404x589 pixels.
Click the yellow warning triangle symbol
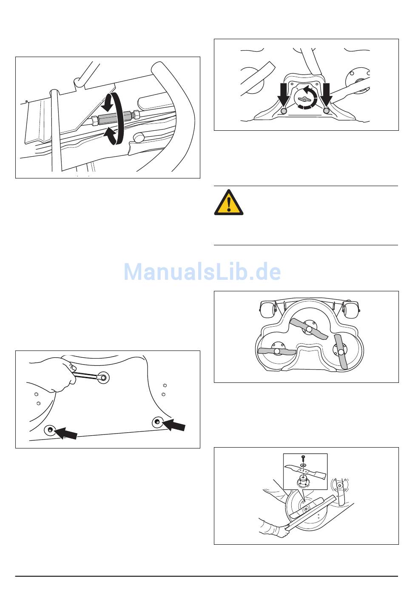[x=229, y=202]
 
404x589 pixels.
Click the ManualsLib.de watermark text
[x=202, y=272]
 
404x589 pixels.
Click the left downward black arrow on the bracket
[x=283, y=94]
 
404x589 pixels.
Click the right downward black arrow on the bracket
[x=326, y=94]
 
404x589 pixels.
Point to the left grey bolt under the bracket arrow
[x=284, y=111]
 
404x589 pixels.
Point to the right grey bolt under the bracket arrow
[x=326, y=111]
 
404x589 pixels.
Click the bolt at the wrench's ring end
[x=104, y=378]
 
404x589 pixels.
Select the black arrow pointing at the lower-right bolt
[x=174, y=424]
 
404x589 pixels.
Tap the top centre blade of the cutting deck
[x=309, y=329]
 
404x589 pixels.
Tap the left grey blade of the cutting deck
[x=277, y=351]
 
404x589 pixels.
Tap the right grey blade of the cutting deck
[x=341, y=351]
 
